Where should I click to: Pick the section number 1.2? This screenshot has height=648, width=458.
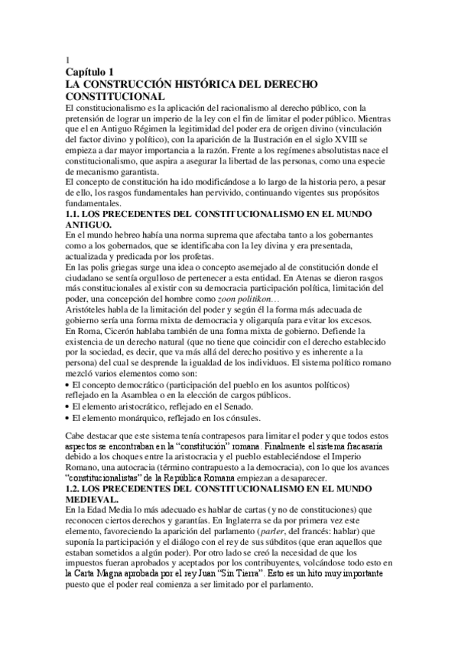point(75,487)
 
